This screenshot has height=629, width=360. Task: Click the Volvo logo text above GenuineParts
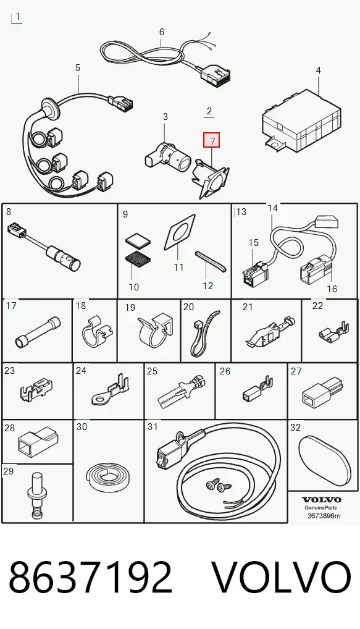coord(322,500)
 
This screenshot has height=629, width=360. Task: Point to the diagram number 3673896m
coord(324,515)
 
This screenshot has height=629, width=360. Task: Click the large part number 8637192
coord(91,577)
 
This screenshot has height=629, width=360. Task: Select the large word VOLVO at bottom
coord(281,577)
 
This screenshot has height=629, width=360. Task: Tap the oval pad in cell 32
coord(325,460)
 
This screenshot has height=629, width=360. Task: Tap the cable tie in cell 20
coord(204,332)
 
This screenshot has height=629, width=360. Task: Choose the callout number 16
coord(332,289)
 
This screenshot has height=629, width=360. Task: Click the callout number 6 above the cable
coord(162,32)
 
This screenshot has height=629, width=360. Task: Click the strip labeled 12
coord(211,261)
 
